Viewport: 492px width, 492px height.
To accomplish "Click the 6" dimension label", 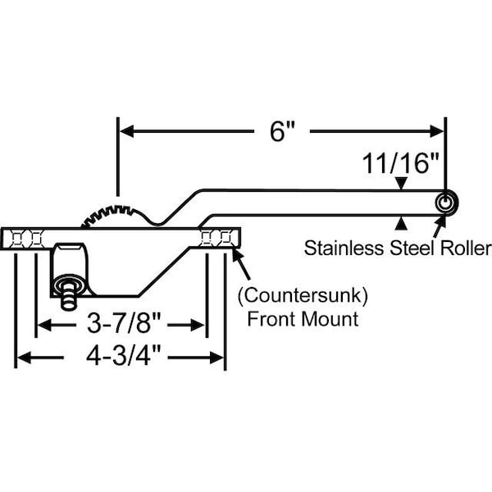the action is pyautogui.click(x=282, y=131).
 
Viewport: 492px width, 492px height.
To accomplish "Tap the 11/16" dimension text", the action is pyautogui.click(x=400, y=163).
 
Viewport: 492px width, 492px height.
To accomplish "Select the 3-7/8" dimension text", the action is pyautogui.click(x=124, y=324).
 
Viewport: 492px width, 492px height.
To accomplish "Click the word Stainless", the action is pyautogui.click(x=344, y=248).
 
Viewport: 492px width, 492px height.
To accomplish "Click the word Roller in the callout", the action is pyautogui.click(x=466, y=248).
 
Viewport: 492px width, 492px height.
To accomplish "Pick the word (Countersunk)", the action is pyautogui.click(x=303, y=295).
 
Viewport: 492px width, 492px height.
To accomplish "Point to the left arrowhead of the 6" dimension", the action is pyautogui.click(x=127, y=131).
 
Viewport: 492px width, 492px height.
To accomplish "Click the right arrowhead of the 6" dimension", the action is pyautogui.click(x=437, y=131).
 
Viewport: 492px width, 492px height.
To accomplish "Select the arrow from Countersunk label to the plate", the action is pyautogui.click(x=241, y=263).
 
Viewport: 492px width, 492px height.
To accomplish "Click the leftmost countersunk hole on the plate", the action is pyautogui.click(x=16, y=239).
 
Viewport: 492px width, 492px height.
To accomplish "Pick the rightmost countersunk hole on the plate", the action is pyautogui.click(x=225, y=239).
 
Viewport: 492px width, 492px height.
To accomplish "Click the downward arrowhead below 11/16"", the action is pyautogui.click(x=401, y=183).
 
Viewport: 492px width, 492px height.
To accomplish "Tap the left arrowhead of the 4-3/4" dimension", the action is pyautogui.click(x=24, y=358).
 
